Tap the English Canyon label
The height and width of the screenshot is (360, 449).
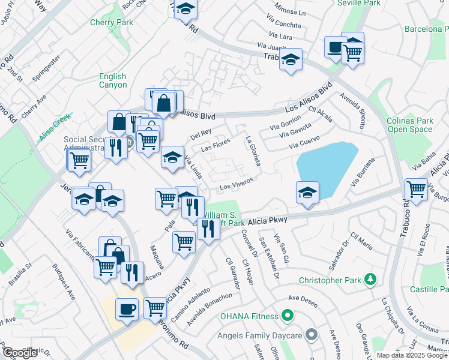pyautogui.click(x=113, y=80)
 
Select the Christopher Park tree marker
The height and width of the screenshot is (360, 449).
pyautogui.click(x=371, y=279)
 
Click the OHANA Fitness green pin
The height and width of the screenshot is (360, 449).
pyautogui.click(x=288, y=315)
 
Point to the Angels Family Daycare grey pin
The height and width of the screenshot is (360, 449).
pyautogui.click(x=311, y=334)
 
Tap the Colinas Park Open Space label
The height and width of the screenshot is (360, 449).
pyautogui.click(x=409, y=124)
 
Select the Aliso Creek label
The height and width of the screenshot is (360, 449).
pyautogui.click(x=55, y=128)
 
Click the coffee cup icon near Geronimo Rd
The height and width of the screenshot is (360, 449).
pyautogui.click(x=127, y=309)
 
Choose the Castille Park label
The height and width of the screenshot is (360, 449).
pyautogui.click(x=427, y=290)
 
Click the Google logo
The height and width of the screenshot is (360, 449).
pyautogui.click(x=20, y=353)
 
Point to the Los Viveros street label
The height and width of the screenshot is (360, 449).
pyautogui.click(x=237, y=183)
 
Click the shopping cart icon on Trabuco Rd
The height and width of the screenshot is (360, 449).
pyautogui.click(x=416, y=189)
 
